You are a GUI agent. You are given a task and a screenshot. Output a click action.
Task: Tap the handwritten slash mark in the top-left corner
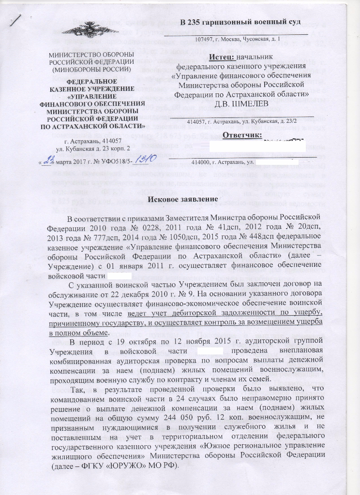(x=18, y=19)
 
